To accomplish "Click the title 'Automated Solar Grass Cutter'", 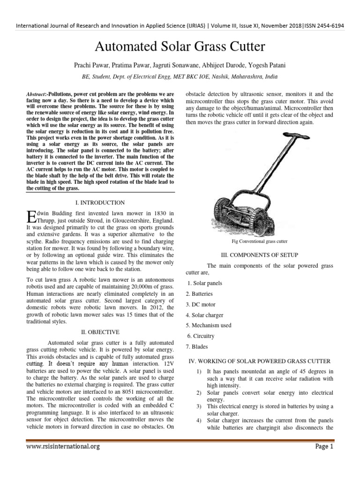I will [x=180, y=46].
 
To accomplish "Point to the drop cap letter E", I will [x=31, y=217].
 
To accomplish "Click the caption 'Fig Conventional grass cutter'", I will [x=259, y=241].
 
